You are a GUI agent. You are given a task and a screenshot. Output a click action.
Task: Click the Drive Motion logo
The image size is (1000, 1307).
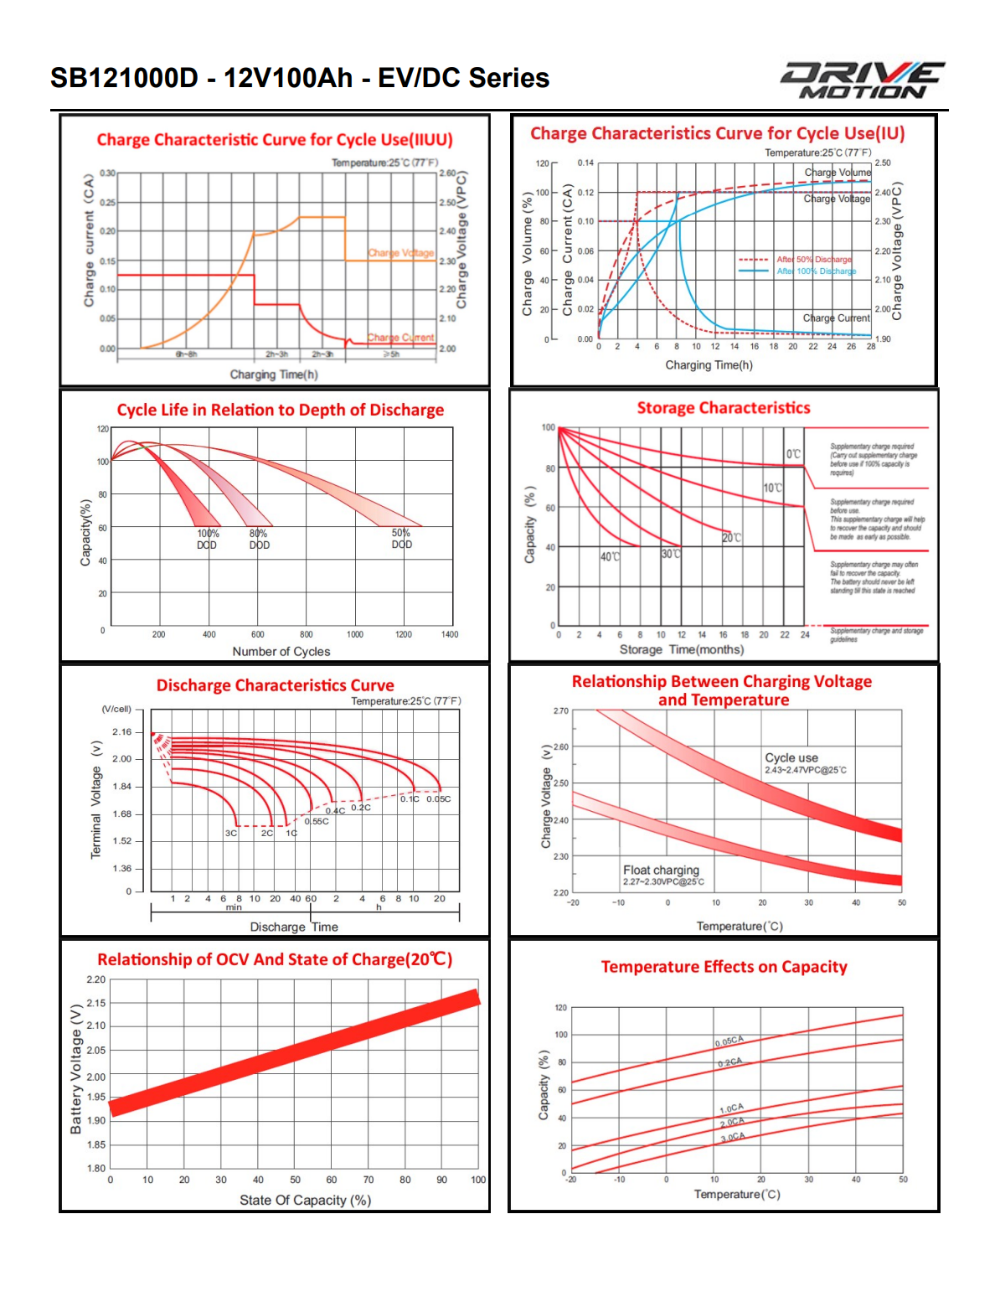(x=863, y=80)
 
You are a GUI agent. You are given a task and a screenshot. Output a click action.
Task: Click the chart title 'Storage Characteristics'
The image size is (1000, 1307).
(x=724, y=408)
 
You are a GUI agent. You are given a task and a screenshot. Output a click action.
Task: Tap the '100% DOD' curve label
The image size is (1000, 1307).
(x=208, y=539)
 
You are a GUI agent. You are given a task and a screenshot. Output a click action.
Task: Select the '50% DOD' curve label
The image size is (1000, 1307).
(x=401, y=539)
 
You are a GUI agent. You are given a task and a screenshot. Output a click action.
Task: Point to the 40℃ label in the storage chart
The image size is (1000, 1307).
(x=610, y=556)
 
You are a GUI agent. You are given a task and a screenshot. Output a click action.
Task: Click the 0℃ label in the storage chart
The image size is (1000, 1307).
(x=793, y=454)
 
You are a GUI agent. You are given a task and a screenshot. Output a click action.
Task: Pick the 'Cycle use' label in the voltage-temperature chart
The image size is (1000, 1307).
(x=791, y=757)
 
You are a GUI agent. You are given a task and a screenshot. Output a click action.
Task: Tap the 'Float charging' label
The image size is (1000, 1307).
(x=661, y=870)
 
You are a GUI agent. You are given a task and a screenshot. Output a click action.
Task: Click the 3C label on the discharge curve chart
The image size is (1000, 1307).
(x=231, y=833)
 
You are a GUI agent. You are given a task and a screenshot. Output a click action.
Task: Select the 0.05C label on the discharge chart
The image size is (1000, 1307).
(x=438, y=798)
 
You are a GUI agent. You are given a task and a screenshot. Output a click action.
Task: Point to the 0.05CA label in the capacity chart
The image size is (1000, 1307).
(x=729, y=1041)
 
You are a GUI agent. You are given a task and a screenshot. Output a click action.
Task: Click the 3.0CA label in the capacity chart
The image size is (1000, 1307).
(x=732, y=1138)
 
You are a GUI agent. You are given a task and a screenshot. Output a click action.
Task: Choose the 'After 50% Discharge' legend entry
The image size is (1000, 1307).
(x=813, y=260)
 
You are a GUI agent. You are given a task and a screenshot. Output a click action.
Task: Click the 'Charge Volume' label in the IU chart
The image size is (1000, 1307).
(x=838, y=173)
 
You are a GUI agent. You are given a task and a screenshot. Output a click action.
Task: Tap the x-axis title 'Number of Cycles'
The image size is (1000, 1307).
(x=281, y=651)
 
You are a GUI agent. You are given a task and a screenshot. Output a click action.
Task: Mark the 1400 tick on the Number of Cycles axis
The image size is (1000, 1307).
(x=450, y=634)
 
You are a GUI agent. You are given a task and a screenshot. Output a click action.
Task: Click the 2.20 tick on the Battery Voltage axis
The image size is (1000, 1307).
(x=95, y=979)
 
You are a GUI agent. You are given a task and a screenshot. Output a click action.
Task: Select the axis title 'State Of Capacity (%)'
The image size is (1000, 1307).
(x=305, y=1200)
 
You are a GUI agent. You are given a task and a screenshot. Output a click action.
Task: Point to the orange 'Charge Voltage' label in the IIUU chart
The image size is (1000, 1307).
(x=400, y=253)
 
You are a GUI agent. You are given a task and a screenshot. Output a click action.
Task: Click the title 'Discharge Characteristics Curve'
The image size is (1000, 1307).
(x=275, y=685)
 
